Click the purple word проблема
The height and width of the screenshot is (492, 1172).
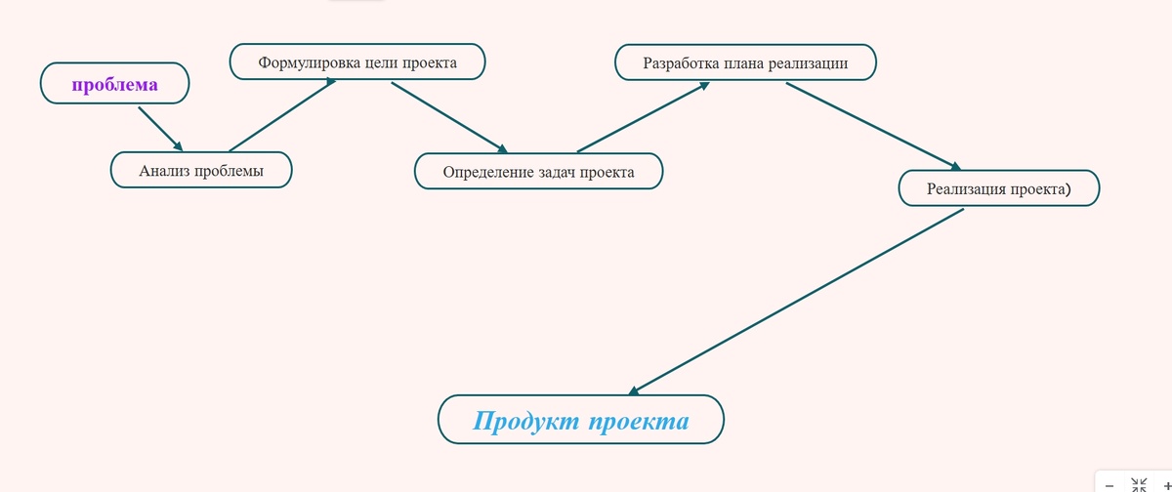click(114, 85)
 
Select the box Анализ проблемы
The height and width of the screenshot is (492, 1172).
click(201, 171)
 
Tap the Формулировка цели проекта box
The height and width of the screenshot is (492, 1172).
click(357, 62)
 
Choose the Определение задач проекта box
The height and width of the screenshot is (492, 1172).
click(538, 173)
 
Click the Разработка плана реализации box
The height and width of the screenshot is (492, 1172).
click(744, 63)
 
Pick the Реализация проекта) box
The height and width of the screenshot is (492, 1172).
click(998, 188)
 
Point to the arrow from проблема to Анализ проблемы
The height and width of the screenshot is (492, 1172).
click(160, 129)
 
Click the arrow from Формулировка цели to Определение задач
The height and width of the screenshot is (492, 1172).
click(449, 118)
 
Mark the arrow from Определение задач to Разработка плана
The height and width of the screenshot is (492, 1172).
click(643, 117)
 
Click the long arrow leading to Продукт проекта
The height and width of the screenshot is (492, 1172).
click(796, 302)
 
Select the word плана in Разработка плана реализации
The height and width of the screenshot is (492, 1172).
click(744, 64)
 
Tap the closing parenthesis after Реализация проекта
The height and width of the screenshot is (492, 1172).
click(1067, 189)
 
